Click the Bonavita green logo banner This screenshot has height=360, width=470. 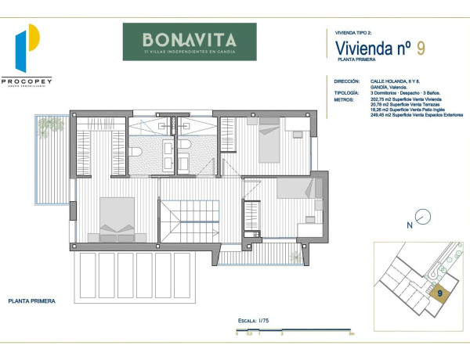click(190, 41)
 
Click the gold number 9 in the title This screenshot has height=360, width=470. click(421, 49)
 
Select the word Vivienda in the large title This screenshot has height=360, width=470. click(354, 49)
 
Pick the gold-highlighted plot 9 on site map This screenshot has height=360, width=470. click(440, 293)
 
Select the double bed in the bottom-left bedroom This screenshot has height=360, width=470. click(118, 219)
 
